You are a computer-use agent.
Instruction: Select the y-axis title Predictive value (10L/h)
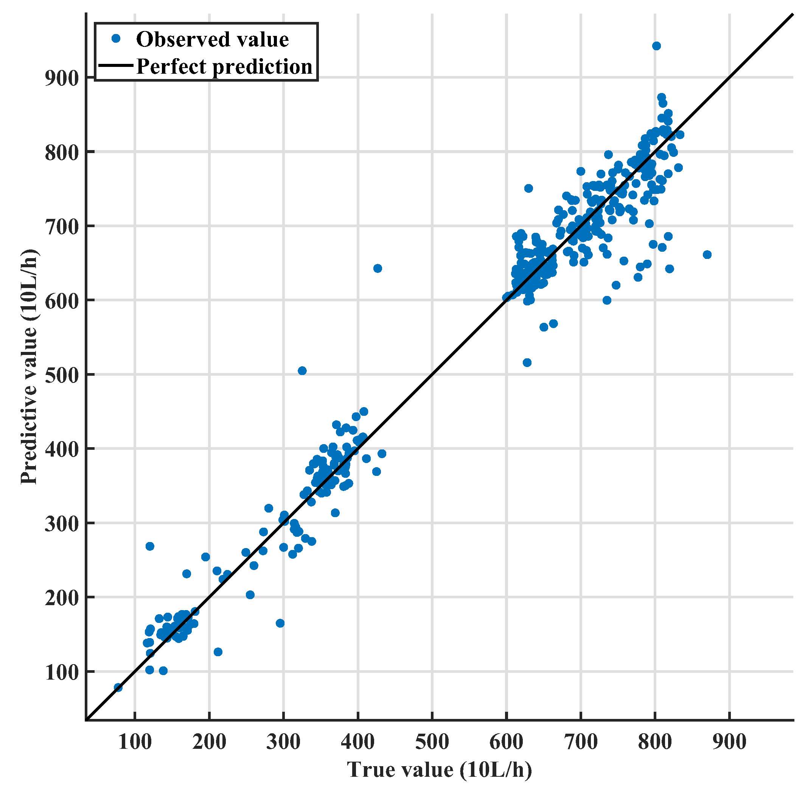[x=29, y=367]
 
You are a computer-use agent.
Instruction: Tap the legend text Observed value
[x=212, y=39]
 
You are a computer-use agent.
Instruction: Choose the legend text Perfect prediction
[x=224, y=67]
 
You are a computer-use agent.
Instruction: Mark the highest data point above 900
[x=656, y=46]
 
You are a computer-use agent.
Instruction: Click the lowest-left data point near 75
[x=118, y=688]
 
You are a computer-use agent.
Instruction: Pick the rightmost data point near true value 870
[x=707, y=255]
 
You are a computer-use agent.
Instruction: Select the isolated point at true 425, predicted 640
[x=378, y=268]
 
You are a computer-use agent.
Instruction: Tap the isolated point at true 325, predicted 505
[x=302, y=371]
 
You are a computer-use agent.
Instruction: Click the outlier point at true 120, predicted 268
[x=150, y=547]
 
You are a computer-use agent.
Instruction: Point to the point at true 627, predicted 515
[x=527, y=362]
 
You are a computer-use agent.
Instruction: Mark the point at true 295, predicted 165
[x=280, y=623]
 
